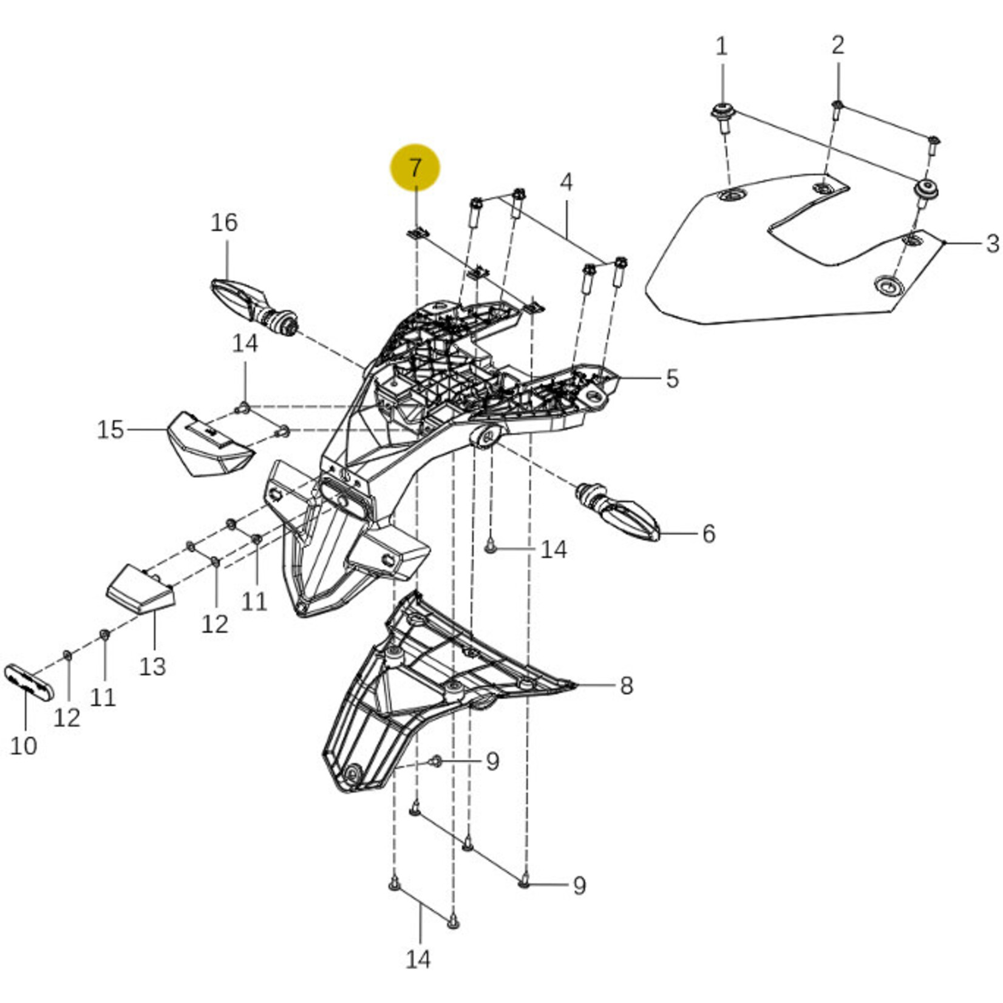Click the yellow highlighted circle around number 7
tap(415, 168)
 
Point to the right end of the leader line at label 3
tap(981, 243)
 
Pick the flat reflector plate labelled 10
tap(29, 682)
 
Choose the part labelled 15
tap(209, 444)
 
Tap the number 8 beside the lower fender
tap(626, 686)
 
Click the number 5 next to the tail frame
tap(671, 378)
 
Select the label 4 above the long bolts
tap(566, 182)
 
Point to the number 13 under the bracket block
tap(152, 666)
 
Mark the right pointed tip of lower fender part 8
tap(575, 685)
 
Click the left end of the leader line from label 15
tap(127, 430)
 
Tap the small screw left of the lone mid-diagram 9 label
tap(436, 760)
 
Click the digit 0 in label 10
tap(30, 746)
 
